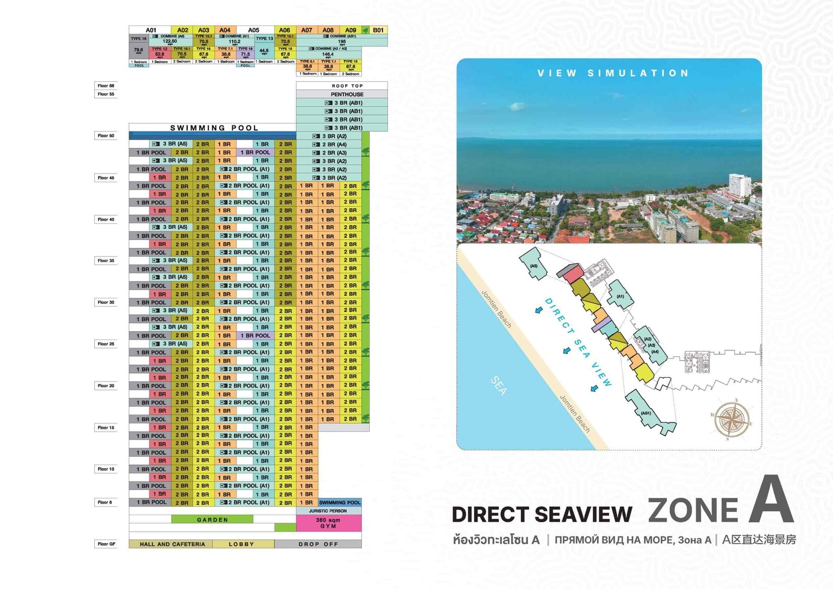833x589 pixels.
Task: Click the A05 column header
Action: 254,30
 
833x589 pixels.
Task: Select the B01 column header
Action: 378,30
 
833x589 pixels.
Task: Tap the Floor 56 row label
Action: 106,86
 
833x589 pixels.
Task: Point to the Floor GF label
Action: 106,544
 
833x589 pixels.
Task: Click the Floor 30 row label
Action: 106,303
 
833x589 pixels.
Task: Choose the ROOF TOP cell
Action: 347,86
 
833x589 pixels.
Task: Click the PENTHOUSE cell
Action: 347,94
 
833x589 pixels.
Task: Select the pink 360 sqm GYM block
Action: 328,523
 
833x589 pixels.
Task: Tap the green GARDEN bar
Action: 212,520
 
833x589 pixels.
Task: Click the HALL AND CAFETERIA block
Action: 172,544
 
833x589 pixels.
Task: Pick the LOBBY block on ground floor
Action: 242,544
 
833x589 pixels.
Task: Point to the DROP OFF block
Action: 318,544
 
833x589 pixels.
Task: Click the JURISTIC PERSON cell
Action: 328,511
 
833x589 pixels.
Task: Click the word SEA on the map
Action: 498,386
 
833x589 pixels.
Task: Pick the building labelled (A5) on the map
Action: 534,265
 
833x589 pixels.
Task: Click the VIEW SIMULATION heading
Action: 613,73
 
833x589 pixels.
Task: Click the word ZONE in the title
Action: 693,510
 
